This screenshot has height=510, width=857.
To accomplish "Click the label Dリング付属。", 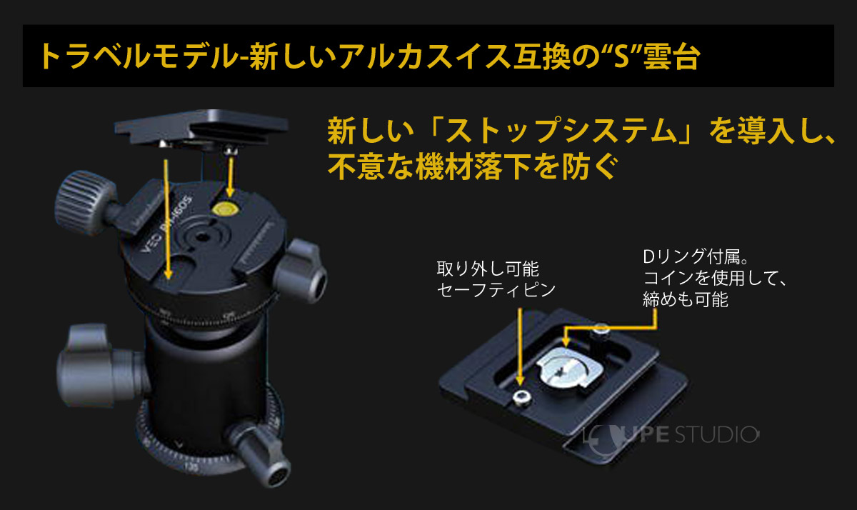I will pos(692,256).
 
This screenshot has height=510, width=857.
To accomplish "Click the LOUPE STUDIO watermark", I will pos(671,434).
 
